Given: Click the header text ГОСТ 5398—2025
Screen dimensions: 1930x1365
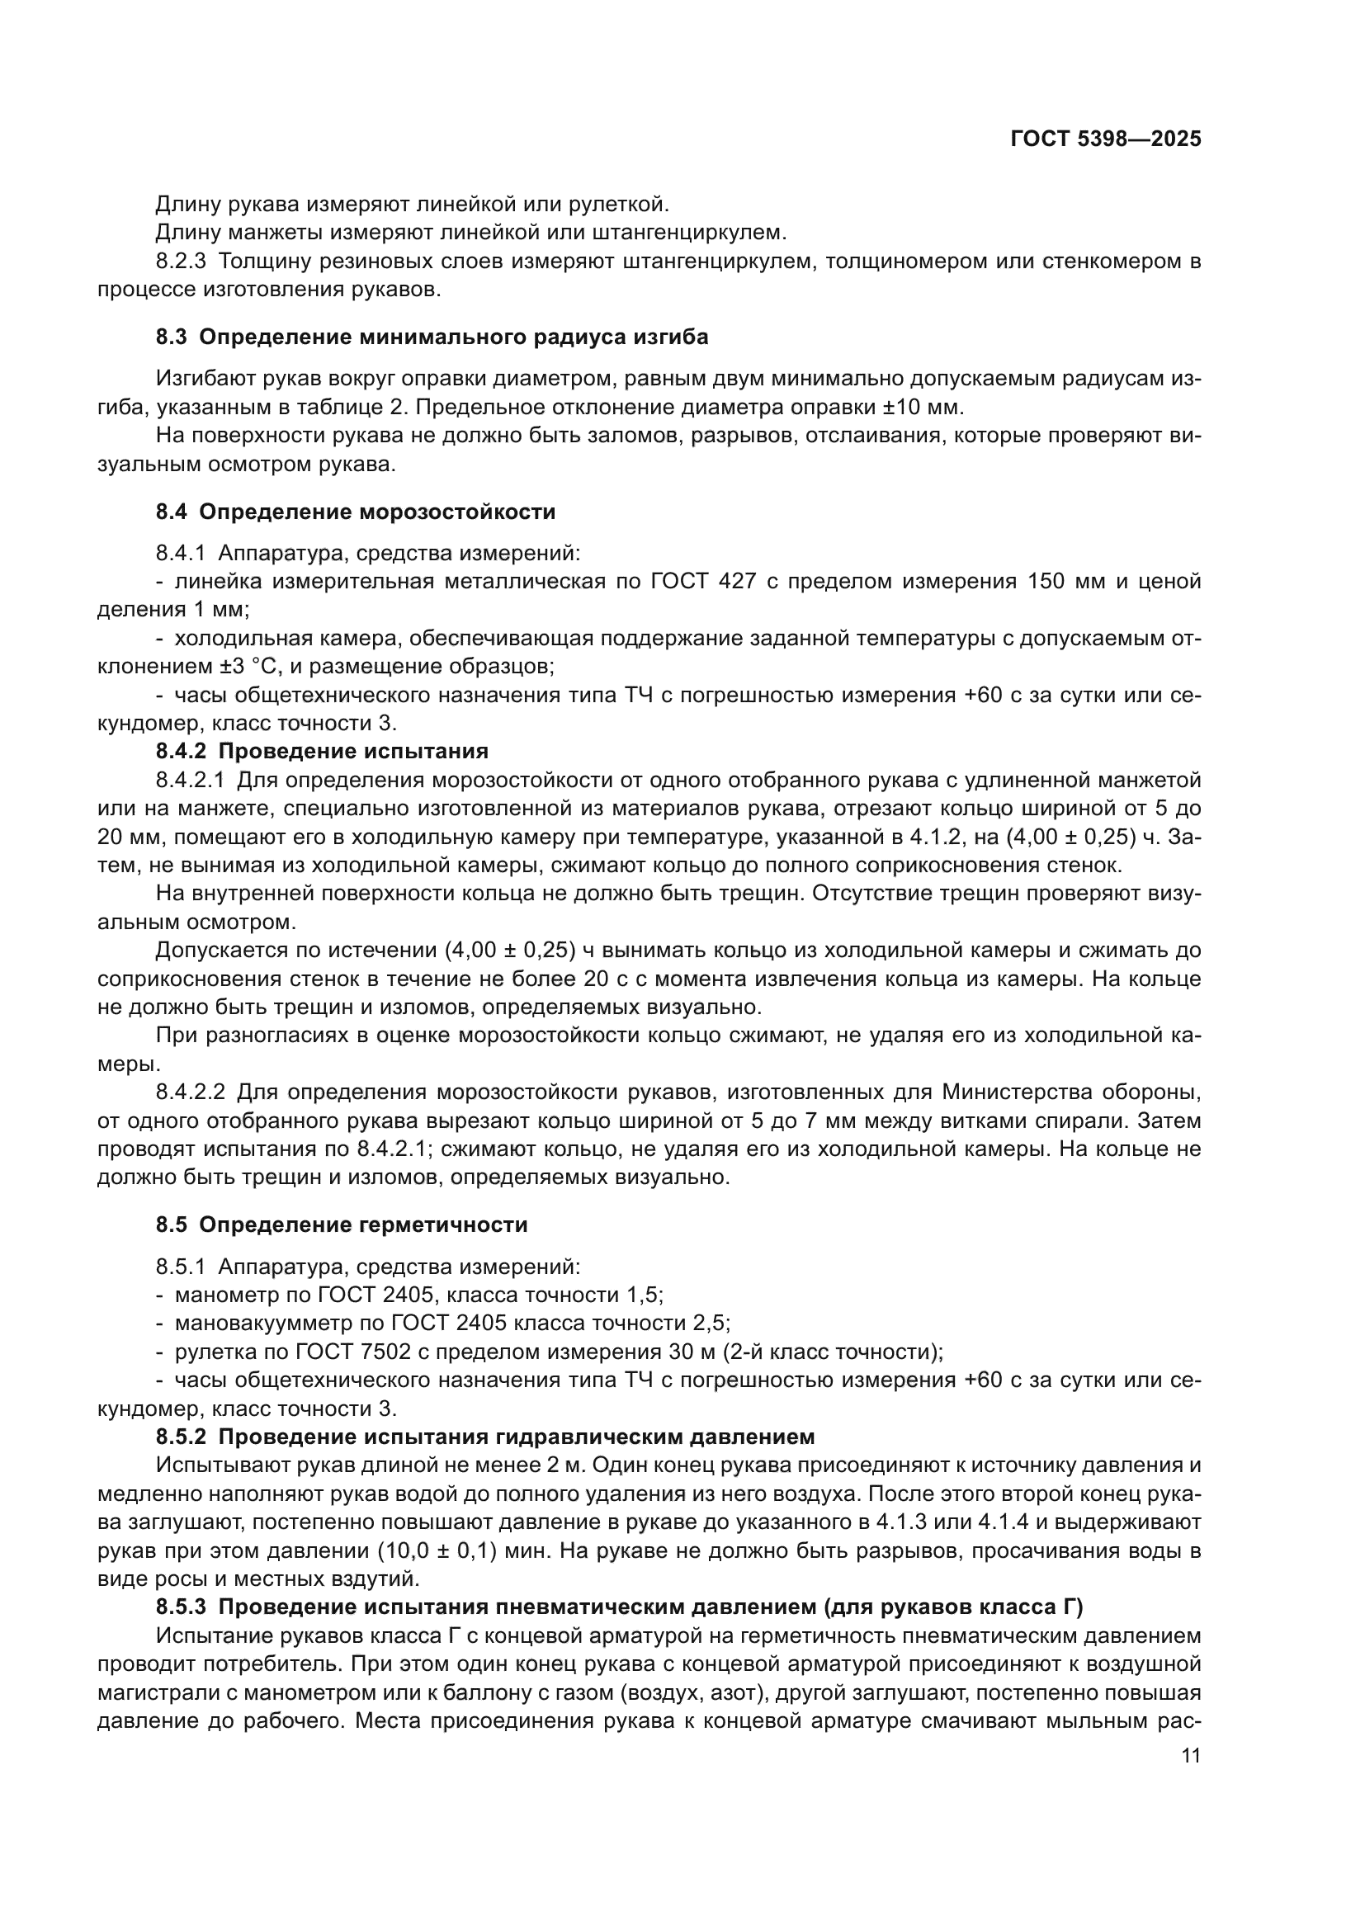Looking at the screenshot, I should point(1105,139).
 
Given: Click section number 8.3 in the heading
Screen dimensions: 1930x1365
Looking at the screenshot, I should point(172,337).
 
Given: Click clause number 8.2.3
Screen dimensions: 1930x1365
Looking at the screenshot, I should point(181,262).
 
